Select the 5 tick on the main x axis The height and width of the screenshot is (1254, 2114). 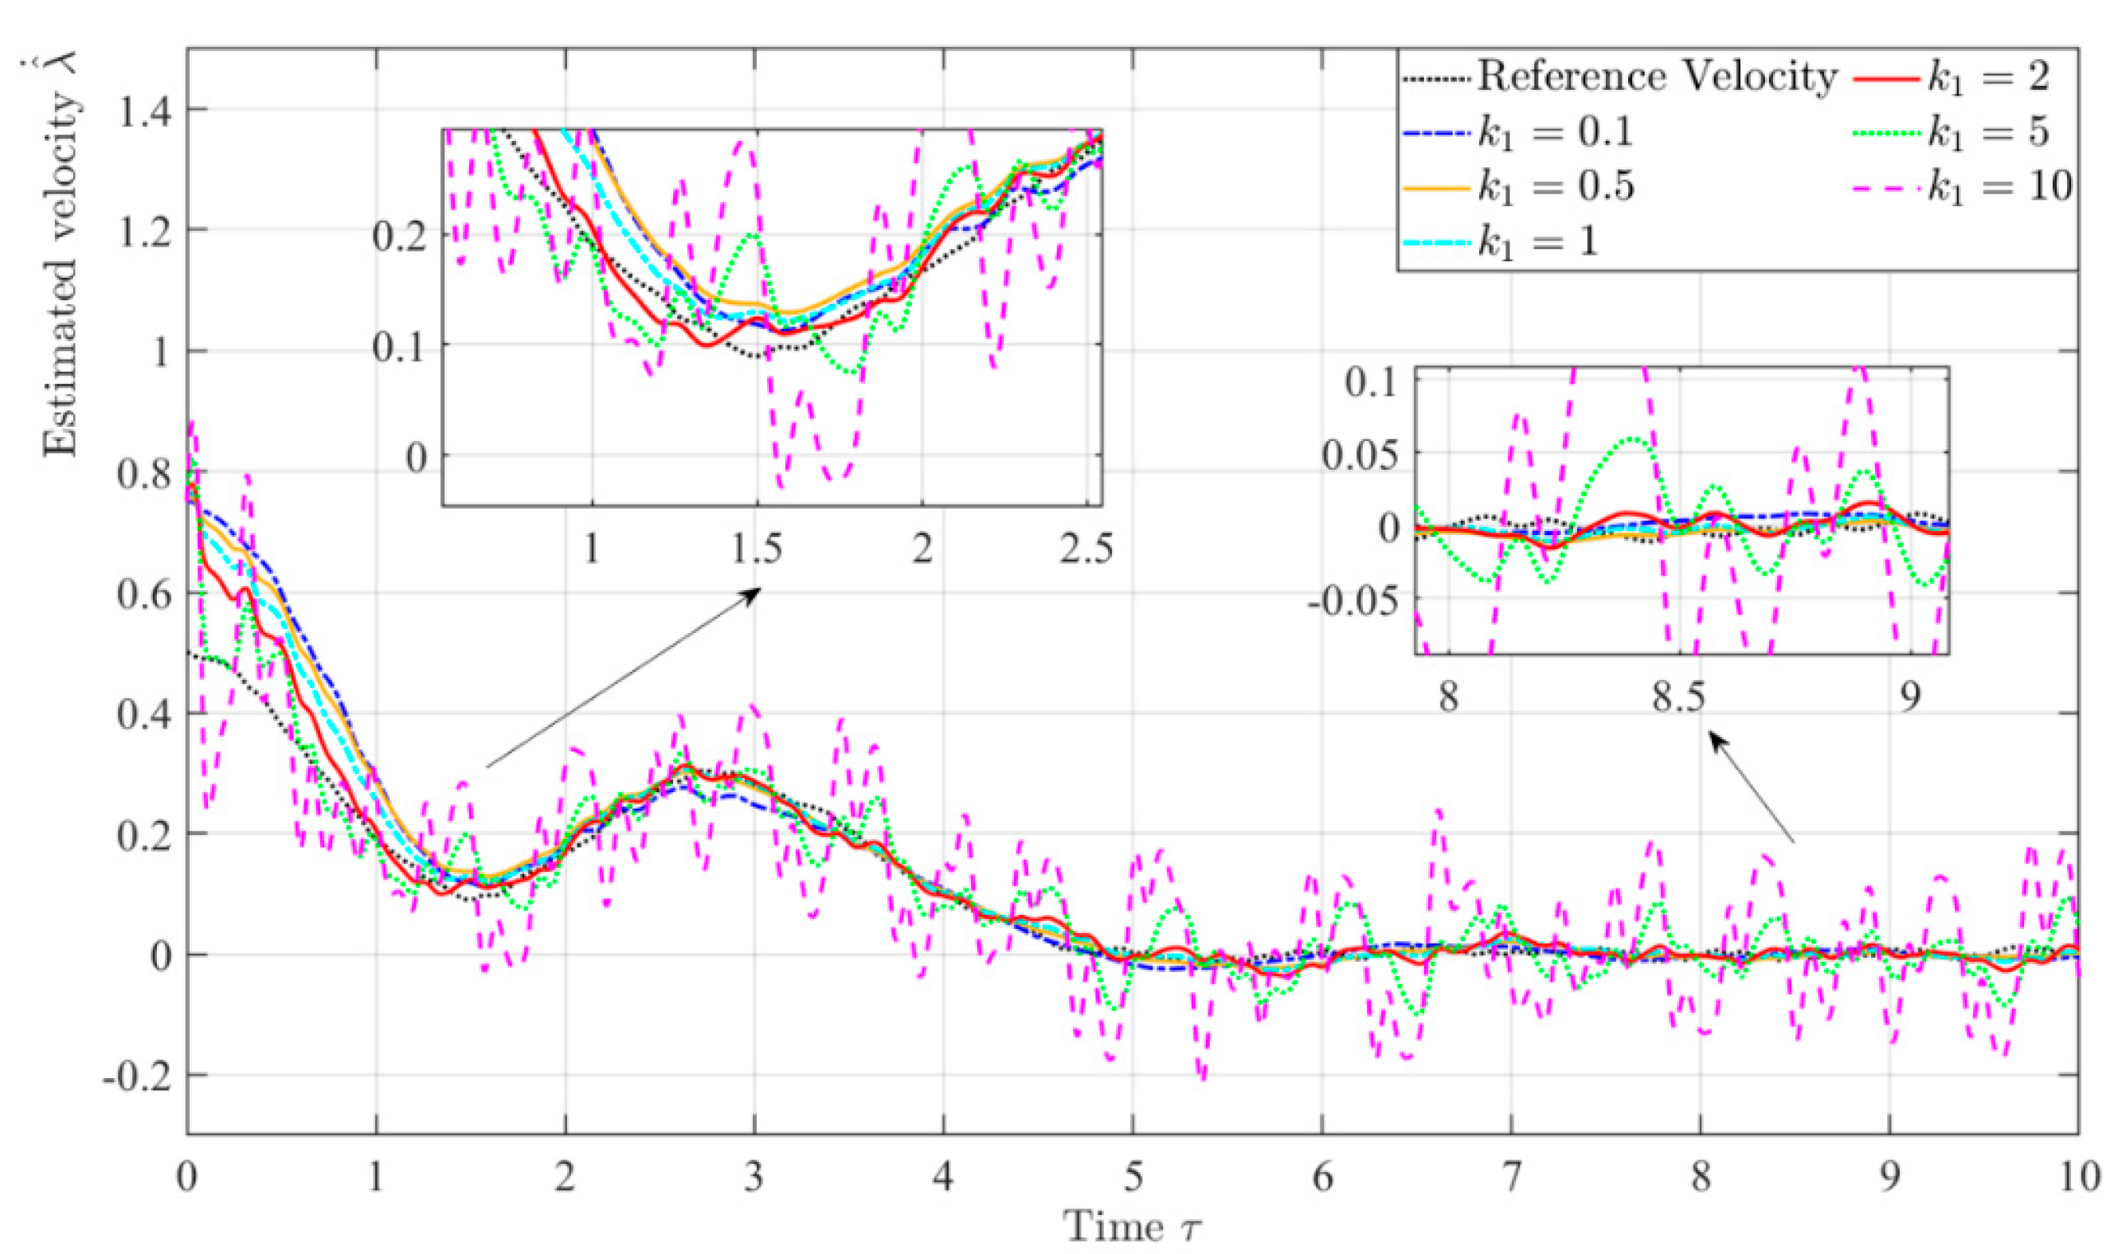pyautogui.click(x=1133, y=1178)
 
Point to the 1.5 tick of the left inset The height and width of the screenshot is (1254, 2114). pyautogui.click(x=758, y=549)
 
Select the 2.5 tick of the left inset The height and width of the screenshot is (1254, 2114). pyautogui.click(x=1086, y=549)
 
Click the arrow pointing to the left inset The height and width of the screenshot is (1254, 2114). pyautogui.click(x=624, y=678)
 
